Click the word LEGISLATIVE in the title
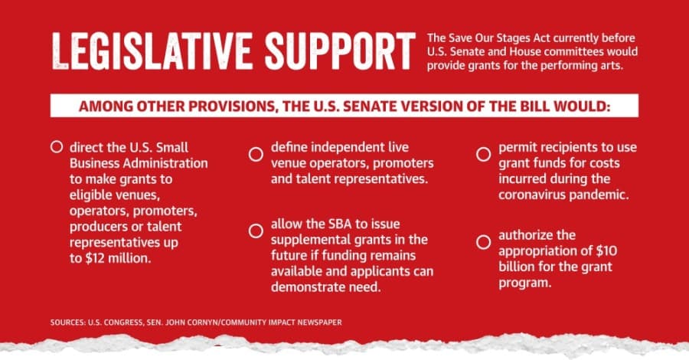point(152,51)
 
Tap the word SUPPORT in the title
point(340,51)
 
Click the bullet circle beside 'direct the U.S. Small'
point(57,147)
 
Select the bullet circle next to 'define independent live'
point(256,154)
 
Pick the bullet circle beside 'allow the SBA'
point(256,231)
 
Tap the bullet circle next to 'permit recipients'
point(483,154)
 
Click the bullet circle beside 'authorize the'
point(483,242)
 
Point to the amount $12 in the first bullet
point(95,258)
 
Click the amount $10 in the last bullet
point(606,251)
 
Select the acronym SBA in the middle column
point(340,224)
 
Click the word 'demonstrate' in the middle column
point(306,287)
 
